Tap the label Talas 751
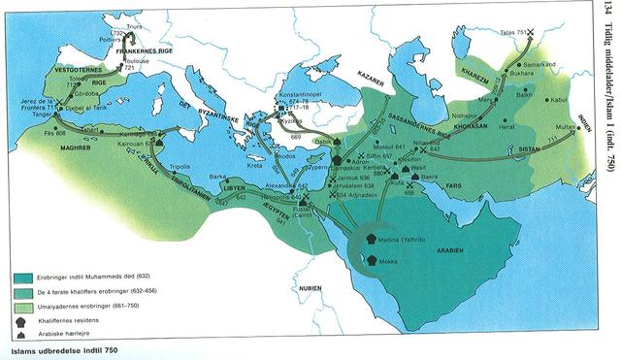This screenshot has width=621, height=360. pos(515,30)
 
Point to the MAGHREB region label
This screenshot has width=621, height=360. pos(75,148)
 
